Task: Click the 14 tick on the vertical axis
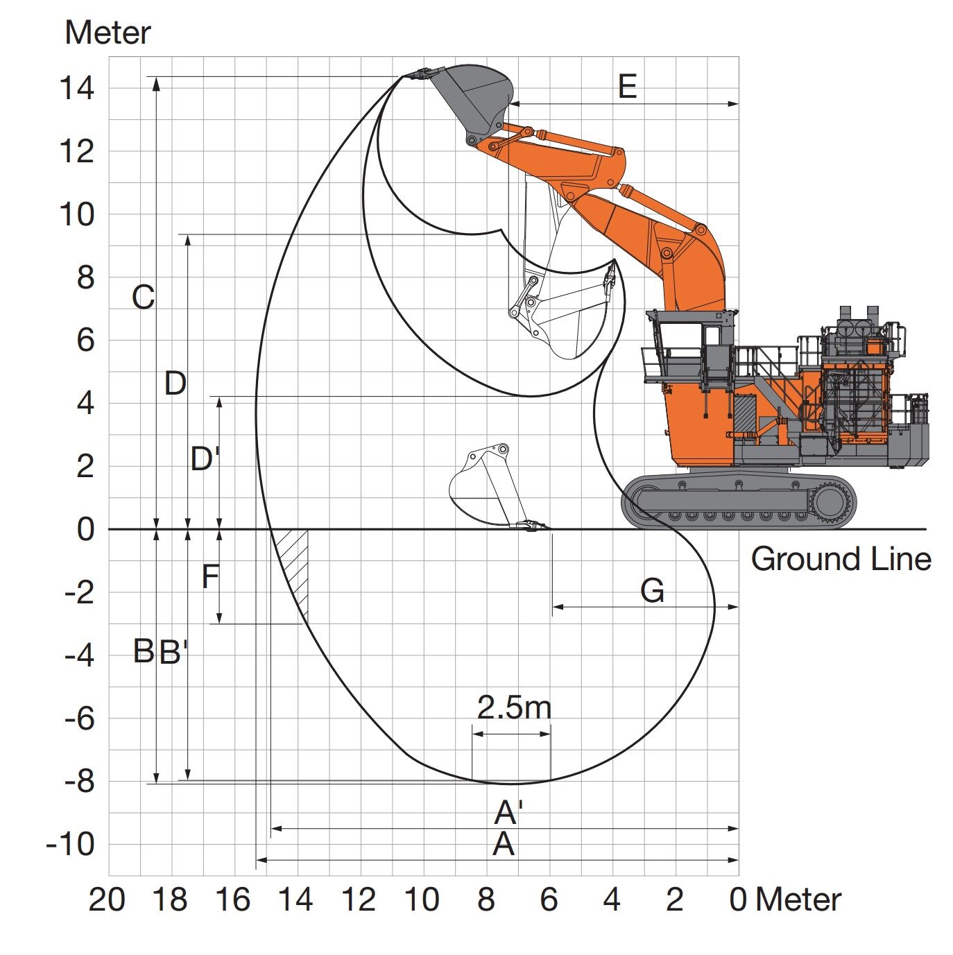[x=76, y=89]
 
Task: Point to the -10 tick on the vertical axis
[x=71, y=845]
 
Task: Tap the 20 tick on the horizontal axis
[x=107, y=900]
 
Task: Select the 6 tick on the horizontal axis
[x=549, y=900]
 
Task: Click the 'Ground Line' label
[x=840, y=559]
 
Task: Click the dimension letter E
[x=627, y=87]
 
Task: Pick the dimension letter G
[x=652, y=591]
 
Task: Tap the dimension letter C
[x=143, y=298]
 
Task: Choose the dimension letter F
[x=210, y=576]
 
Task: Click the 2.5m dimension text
[x=514, y=707]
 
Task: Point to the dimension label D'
[x=205, y=458]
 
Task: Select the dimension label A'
[x=508, y=812]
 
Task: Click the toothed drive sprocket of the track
[x=830, y=501]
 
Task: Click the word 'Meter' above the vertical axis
[x=108, y=33]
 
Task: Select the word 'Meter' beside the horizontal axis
[x=798, y=900]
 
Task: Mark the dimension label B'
[x=173, y=652]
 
